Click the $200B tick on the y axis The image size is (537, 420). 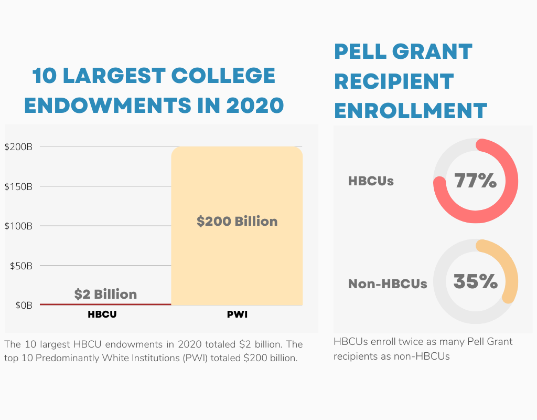click(x=18, y=147)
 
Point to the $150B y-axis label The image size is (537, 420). click(x=18, y=186)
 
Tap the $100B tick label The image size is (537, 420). click(x=18, y=226)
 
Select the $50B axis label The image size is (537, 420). click(x=21, y=266)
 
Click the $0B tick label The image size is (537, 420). click(x=23, y=305)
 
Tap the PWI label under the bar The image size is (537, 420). click(x=237, y=315)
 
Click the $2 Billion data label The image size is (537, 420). click(x=105, y=294)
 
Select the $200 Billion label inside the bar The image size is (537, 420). click(x=237, y=222)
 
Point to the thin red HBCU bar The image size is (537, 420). click(x=105, y=304)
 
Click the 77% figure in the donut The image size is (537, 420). click(x=475, y=181)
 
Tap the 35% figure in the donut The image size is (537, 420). click(x=475, y=281)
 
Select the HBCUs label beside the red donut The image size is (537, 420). click(x=371, y=181)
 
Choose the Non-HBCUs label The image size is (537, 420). click(x=388, y=284)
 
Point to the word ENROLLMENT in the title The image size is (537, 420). click(x=411, y=111)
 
